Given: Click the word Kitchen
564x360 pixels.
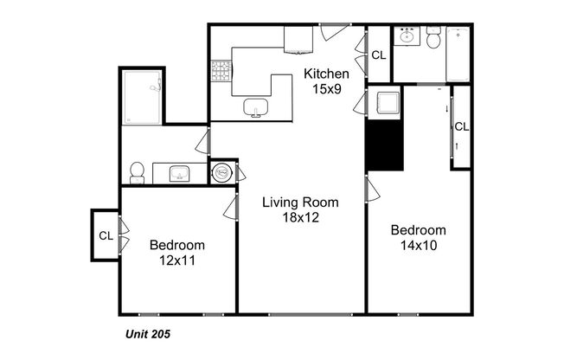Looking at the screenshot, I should coord(327,74).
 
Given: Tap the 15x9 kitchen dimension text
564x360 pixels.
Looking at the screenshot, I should coord(327,89).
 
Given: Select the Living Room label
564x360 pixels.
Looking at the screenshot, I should coord(301,202).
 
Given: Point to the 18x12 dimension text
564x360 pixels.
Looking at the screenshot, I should coord(301,217).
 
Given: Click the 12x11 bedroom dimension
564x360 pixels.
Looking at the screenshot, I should coord(176,259).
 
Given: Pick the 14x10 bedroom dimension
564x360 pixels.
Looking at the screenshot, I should coord(418,245).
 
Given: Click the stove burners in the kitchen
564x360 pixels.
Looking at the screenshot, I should coord(221,72).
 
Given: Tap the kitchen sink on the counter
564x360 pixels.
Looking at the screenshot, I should coord(255,107).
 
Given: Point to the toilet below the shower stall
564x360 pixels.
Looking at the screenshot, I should coord(137,170).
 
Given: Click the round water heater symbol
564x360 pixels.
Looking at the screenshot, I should coord(222,172).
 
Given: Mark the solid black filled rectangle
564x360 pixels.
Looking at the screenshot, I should coord(385,144).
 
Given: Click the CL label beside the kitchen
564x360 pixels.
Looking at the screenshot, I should coord(379,55).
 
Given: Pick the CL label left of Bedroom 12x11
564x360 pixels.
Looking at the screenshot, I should coord(106,235).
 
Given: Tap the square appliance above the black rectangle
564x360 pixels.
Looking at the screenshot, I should coord(385,103).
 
